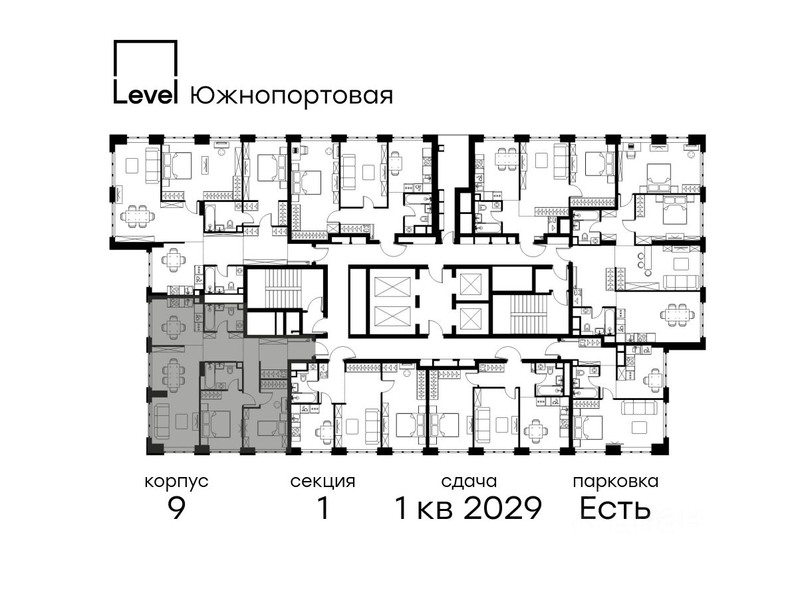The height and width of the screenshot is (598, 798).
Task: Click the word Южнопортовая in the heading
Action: click(x=291, y=96)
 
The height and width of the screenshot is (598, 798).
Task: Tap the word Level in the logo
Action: click(x=146, y=94)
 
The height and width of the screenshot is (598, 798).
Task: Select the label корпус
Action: click(x=176, y=482)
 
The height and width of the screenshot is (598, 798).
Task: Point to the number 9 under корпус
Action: click(x=177, y=508)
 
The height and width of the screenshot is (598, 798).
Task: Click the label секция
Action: click(x=323, y=482)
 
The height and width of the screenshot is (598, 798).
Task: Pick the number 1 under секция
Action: click(x=323, y=508)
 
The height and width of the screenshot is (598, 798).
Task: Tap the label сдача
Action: click(x=469, y=482)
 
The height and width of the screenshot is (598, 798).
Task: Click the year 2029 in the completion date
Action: click(x=503, y=508)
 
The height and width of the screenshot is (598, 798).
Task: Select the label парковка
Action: click(x=616, y=482)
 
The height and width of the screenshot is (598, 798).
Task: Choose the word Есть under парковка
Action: click(x=615, y=508)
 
